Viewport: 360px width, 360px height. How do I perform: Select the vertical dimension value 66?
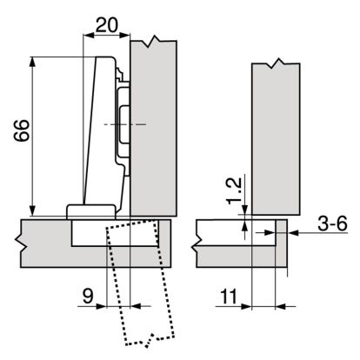[17, 136]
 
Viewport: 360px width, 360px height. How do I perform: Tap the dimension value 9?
[87, 296]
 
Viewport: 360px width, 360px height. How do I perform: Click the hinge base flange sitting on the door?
[90, 210]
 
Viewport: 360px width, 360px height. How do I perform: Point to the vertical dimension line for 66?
[33, 136]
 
